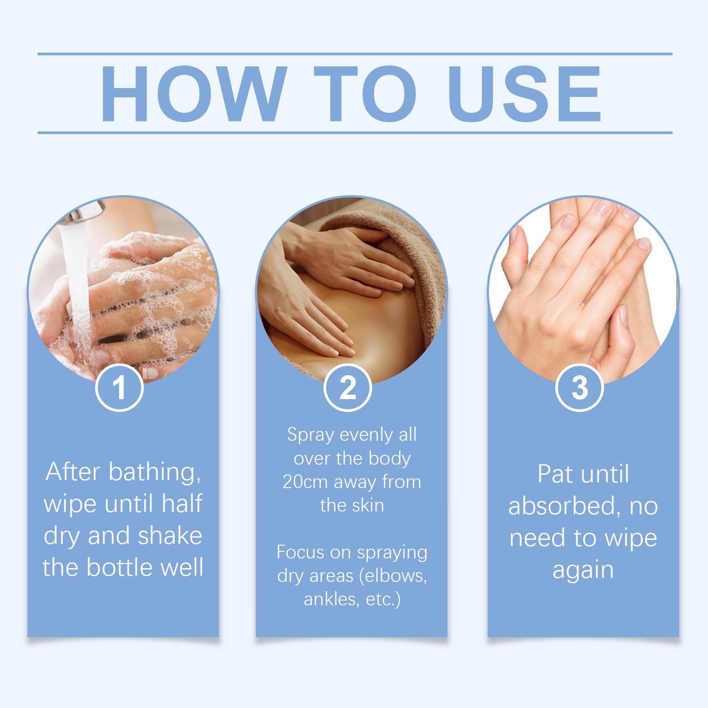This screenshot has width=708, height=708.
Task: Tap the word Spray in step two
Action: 309,435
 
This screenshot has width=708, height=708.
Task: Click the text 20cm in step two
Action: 305,482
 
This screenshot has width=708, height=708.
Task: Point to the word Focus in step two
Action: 299,552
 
